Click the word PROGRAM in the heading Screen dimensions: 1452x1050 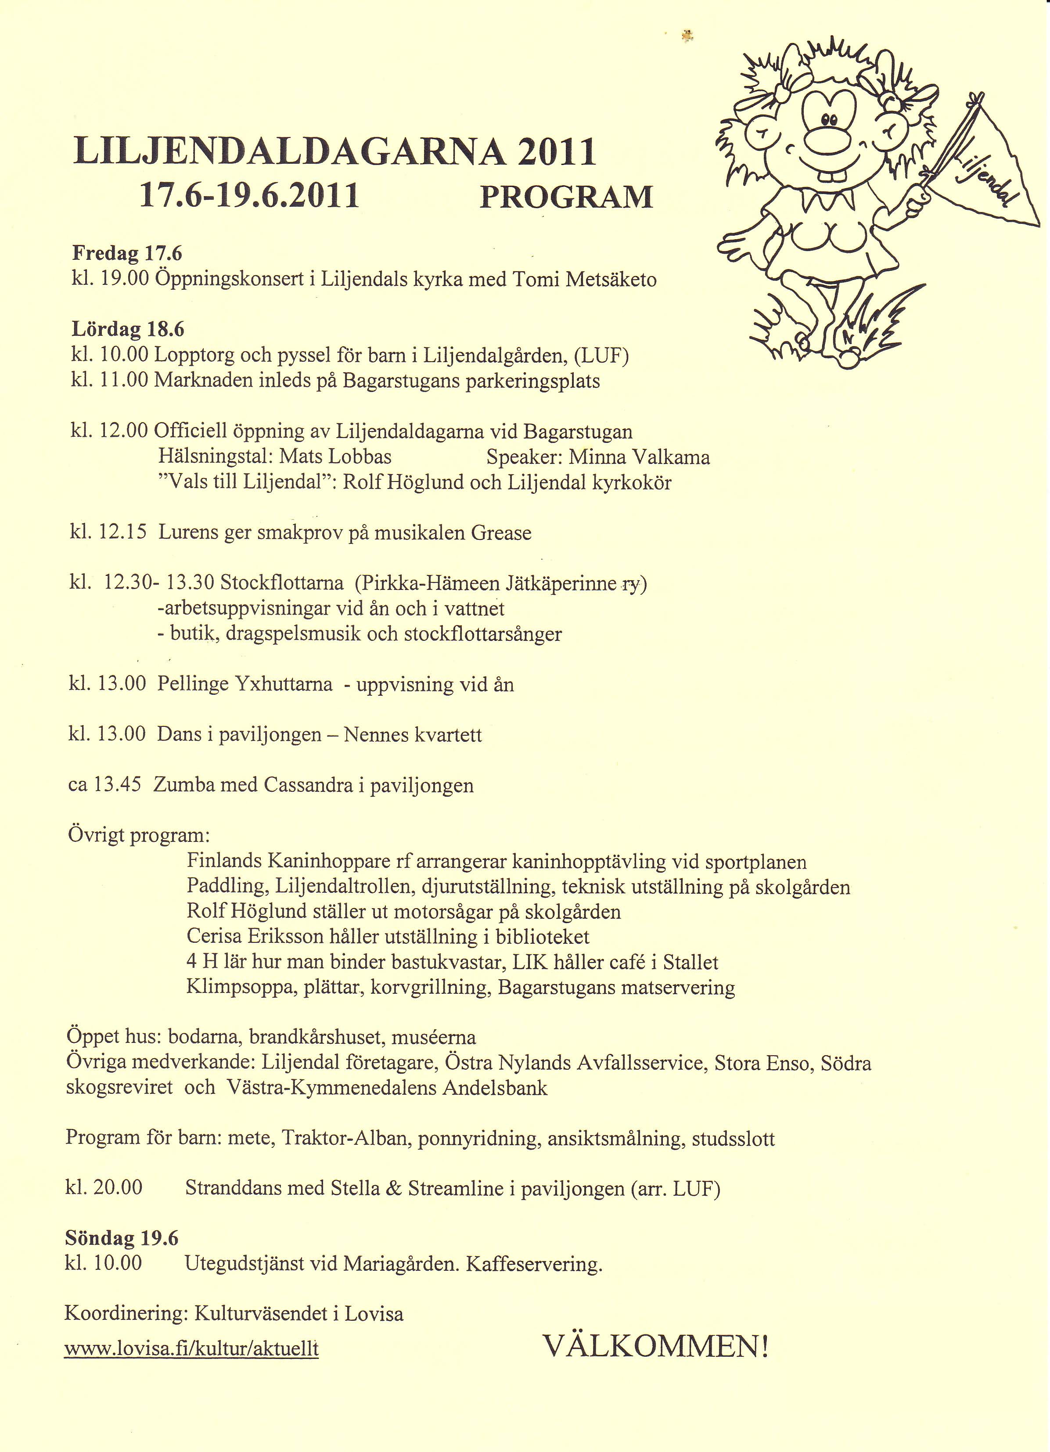(566, 197)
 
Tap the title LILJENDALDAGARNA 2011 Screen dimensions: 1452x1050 (335, 152)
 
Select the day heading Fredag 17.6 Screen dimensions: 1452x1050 (127, 254)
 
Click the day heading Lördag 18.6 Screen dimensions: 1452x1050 (127, 329)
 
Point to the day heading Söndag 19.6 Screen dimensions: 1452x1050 (122, 1238)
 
